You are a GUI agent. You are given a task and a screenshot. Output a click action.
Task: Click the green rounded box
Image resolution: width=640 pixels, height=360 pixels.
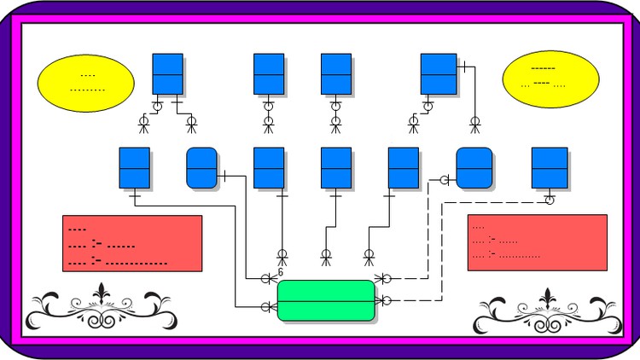(x=326, y=300)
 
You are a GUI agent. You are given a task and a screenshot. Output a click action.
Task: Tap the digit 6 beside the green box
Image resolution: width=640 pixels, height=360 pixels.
(x=280, y=272)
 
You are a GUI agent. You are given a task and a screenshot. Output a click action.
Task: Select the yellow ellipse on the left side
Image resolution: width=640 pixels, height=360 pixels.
(x=86, y=82)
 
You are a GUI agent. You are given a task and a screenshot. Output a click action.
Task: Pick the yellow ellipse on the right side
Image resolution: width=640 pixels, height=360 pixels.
(x=546, y=79)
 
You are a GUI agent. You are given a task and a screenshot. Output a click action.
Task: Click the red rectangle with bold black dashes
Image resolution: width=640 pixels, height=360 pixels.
(x=132, y=243)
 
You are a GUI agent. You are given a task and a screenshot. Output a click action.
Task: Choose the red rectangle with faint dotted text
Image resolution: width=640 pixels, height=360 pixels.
(x=537, y=242)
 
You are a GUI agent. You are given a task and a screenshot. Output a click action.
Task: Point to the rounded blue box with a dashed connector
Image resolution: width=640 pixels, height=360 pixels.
(x=474, y=167)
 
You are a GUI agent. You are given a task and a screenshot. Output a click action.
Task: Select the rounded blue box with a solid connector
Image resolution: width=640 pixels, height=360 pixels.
(x=202, y=167)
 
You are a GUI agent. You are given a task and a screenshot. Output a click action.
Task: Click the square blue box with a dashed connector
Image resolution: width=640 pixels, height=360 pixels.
(x=550, y=167)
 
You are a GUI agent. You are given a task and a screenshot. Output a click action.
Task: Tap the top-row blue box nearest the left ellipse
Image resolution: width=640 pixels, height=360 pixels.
(x=167, y=73)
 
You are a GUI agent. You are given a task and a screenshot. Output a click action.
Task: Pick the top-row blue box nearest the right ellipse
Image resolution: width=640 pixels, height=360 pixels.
(x=438, y=73)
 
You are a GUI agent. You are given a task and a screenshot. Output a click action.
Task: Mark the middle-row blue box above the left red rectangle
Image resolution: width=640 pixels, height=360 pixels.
(x=134, y=167)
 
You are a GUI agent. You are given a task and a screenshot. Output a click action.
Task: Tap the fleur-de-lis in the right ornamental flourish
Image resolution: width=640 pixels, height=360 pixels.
(x=547, y=299)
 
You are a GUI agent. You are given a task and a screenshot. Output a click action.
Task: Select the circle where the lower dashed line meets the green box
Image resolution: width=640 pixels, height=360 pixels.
(x=387, y=300)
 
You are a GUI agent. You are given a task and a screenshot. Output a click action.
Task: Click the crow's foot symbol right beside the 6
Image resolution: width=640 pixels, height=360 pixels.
(x=267, y=278)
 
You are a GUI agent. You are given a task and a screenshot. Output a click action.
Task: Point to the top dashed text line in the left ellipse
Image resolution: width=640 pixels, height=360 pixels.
(x=87, y=76)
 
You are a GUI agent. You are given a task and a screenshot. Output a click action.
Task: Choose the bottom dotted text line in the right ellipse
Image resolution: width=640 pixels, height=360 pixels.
(x=544, y=84)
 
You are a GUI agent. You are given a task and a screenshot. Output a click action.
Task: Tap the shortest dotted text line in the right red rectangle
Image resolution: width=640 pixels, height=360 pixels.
(x=478, y=228)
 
